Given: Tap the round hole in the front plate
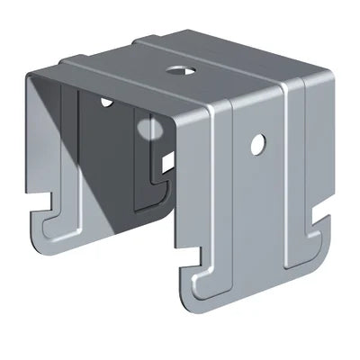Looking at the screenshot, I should point(258,141).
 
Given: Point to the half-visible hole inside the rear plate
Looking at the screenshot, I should point(107,101).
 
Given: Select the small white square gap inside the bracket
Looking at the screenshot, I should point(167,162).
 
